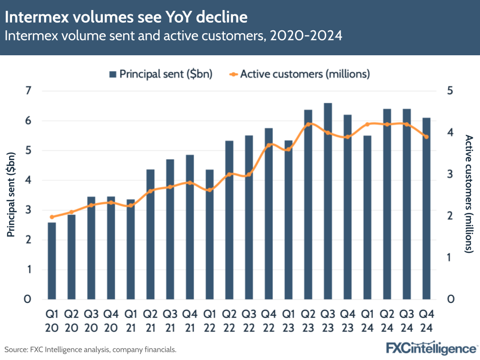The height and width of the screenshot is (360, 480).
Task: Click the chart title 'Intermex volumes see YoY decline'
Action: point(126,18)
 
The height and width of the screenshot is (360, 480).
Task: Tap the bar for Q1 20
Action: point(52,261)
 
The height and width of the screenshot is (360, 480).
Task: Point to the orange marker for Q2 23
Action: point(308,124)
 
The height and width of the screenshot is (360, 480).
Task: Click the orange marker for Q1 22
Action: point(209,190)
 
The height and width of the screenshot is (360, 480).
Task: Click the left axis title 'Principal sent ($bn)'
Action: point(11,195)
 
